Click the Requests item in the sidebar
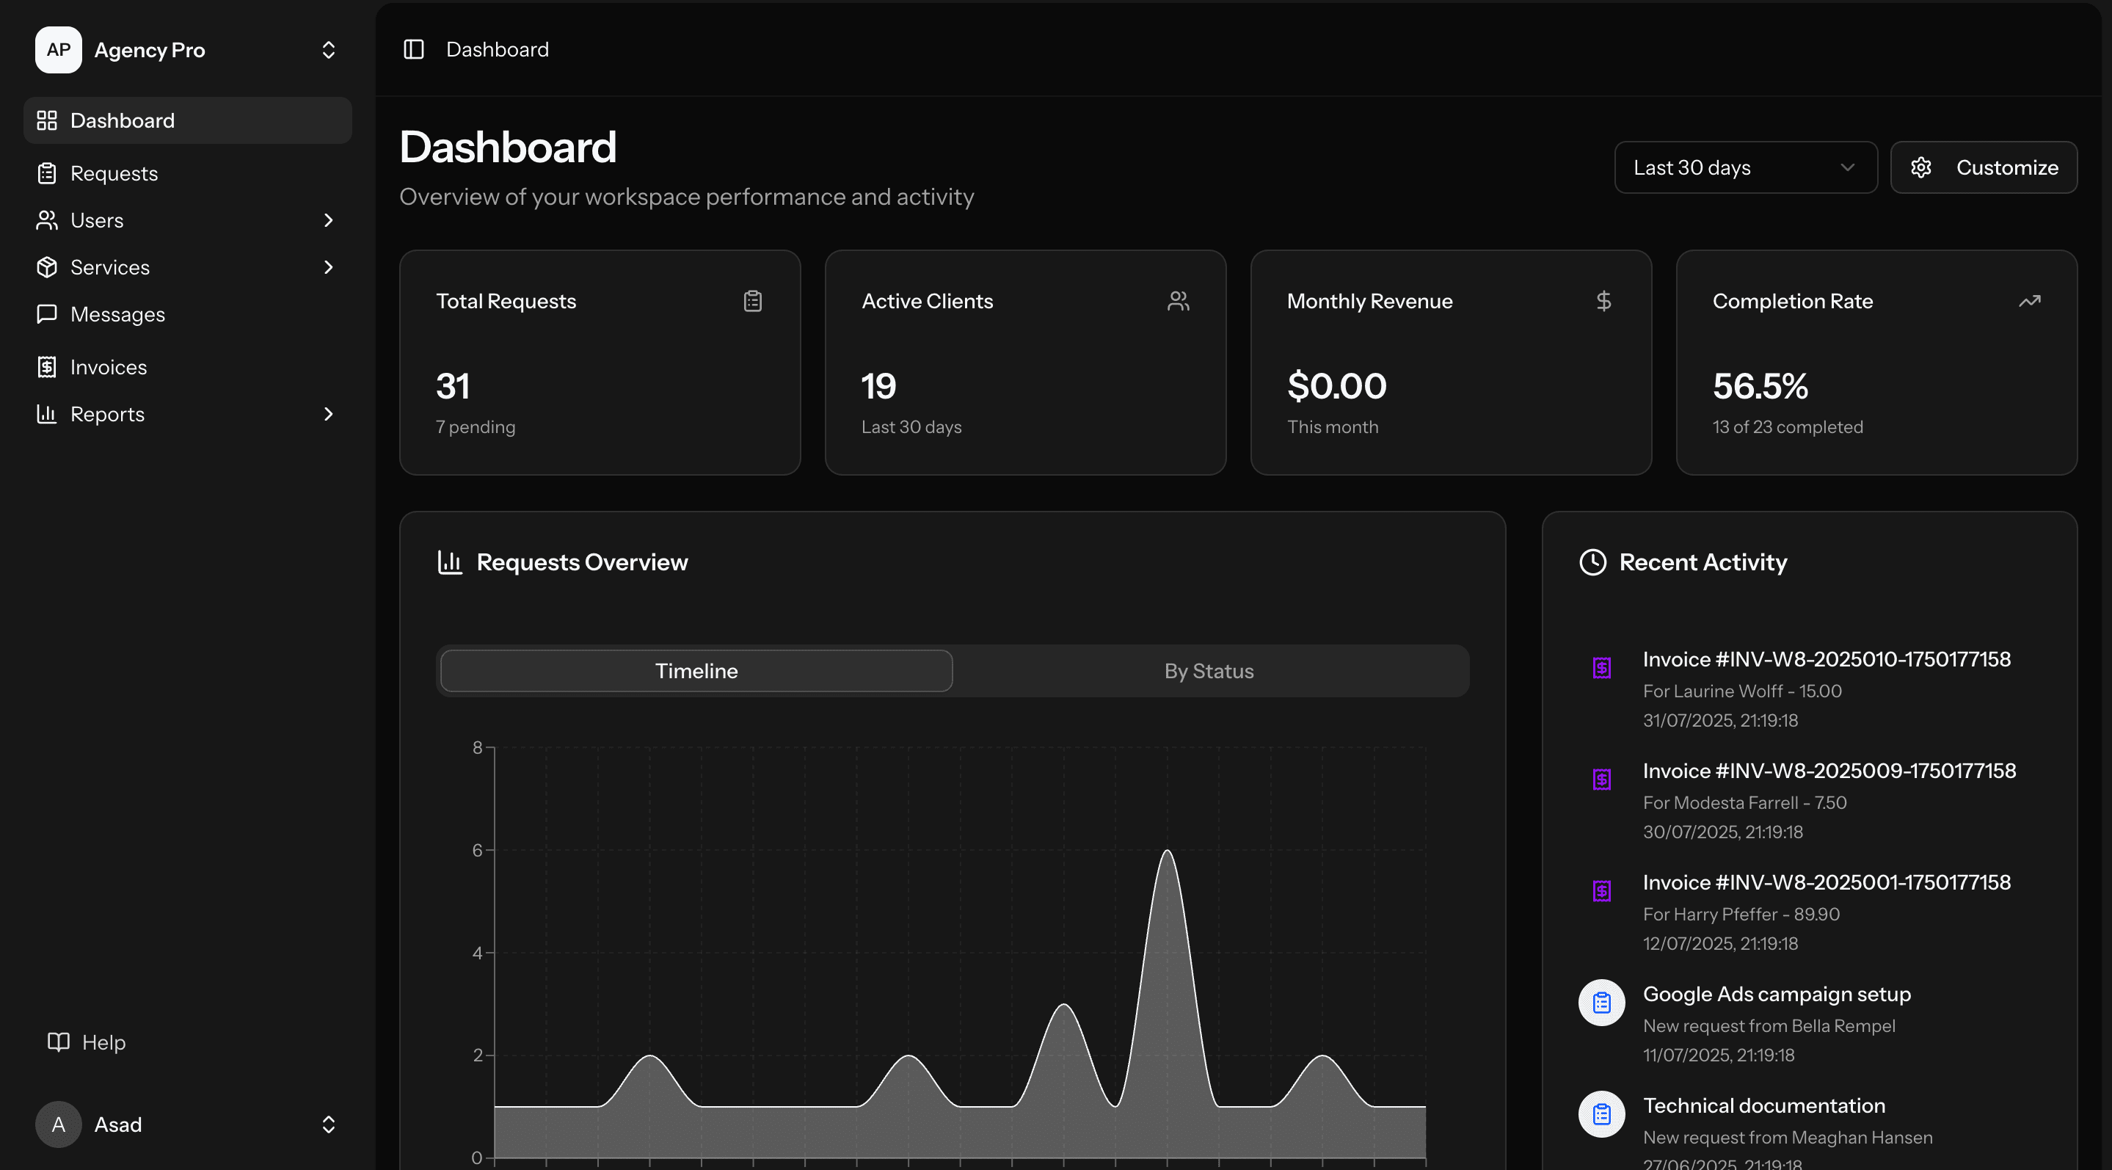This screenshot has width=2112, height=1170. point(113,173)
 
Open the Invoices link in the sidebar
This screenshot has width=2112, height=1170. point(108,366)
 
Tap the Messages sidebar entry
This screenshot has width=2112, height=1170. point(117,314)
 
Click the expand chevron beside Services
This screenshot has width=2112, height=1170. point(328,267)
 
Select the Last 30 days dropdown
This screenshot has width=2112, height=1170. point(1744,167)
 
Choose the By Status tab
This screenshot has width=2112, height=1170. point(1209,671)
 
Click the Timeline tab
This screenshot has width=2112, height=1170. point(696,671)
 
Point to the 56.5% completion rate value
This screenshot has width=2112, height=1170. point(1760,386)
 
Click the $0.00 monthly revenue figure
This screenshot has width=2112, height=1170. point(1336,386)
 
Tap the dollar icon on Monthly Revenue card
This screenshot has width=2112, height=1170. point(1603,301)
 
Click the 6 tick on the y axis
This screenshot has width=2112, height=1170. point(477,850)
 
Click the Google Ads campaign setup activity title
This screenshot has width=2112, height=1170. point(1776,994)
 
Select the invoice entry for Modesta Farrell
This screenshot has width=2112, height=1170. point(1828,771)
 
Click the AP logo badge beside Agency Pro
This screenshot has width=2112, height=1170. point(58,50)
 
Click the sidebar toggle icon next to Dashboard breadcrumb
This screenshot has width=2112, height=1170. point(414,49)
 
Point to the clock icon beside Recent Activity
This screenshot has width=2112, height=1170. point(1592,562)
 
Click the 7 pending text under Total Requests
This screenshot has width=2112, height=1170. point(476,426)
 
